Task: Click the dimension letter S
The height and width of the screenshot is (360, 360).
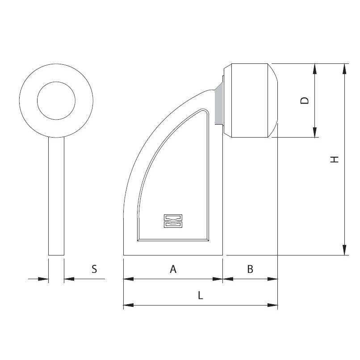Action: click(94, 269)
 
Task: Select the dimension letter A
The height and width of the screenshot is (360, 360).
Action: click(173, 269)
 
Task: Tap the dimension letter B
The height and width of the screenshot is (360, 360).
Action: click(250, 269)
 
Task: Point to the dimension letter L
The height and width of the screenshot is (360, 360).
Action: click(201, 295)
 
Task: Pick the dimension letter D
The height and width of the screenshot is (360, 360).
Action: click(305, 100)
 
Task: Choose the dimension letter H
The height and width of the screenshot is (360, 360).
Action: click(334, 159)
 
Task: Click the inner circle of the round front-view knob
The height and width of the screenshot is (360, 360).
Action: click(56, 82)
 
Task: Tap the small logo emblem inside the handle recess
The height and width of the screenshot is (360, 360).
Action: click(173, 221)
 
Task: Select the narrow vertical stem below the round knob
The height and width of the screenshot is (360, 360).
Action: click(56, 196)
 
